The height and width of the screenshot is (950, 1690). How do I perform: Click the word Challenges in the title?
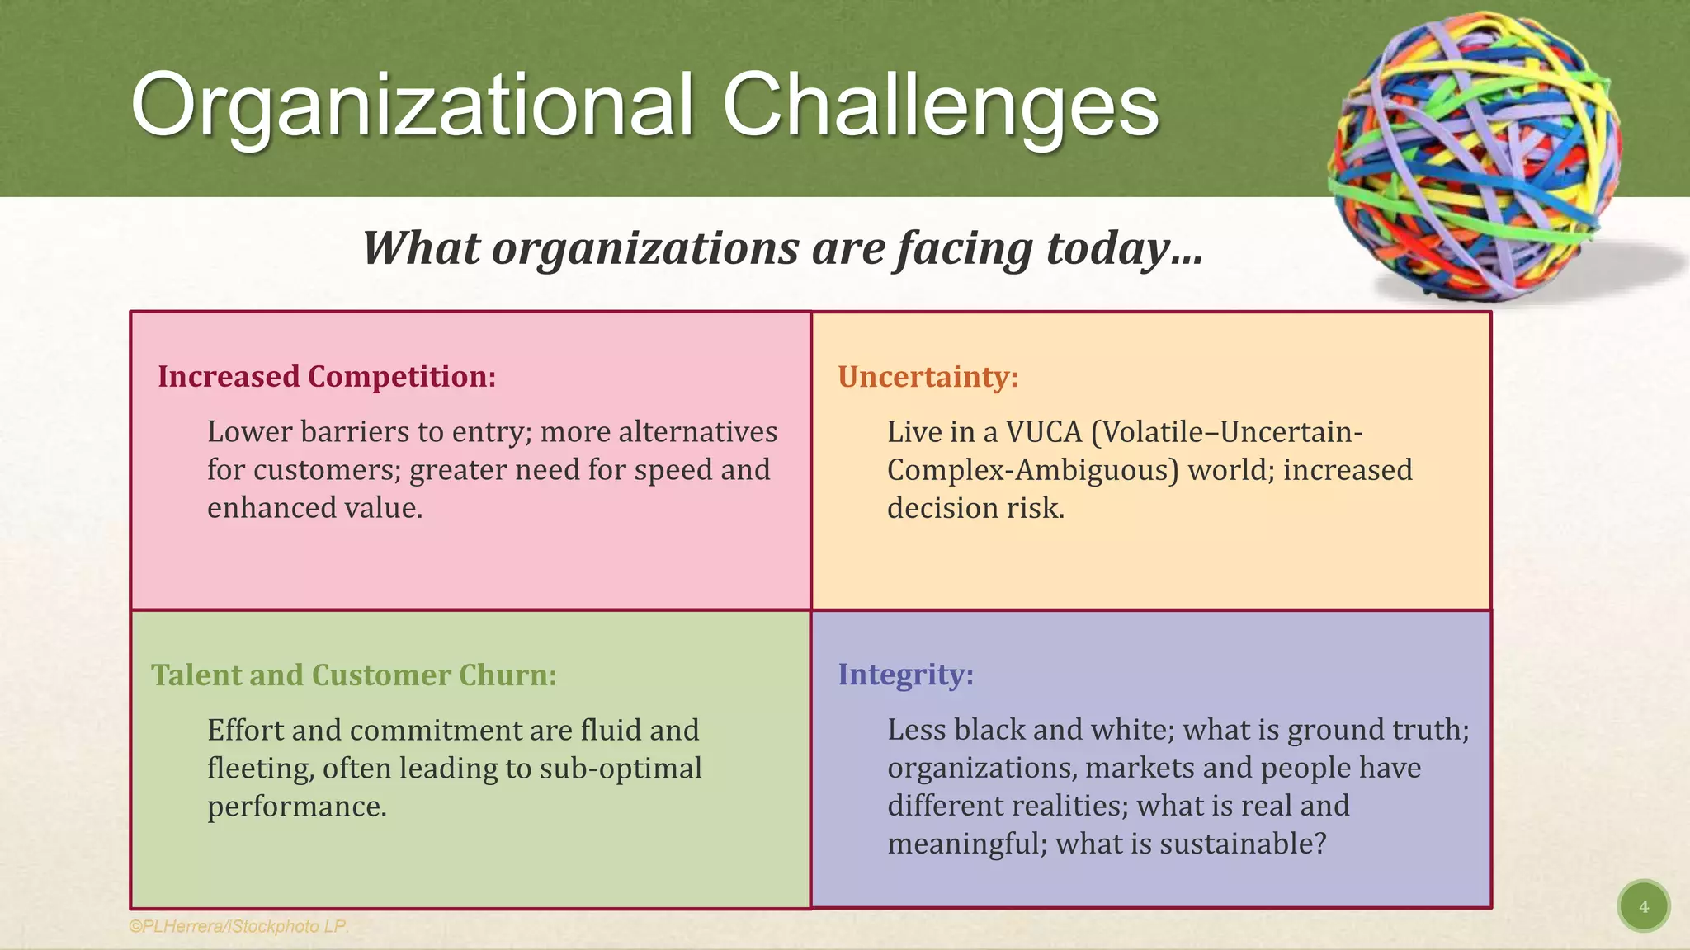(941, 106)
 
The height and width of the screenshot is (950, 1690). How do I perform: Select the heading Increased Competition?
(327, 377)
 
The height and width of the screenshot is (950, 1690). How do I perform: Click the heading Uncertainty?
(928, 377)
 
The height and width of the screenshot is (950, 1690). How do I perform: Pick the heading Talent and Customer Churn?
(353, 675)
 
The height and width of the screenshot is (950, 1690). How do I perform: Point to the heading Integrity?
(905, 675)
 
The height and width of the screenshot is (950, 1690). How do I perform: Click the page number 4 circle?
(1643, 906)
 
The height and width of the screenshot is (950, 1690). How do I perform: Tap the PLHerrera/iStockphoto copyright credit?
(238, 926)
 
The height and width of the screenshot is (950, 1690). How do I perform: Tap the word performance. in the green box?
(296, 807)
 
